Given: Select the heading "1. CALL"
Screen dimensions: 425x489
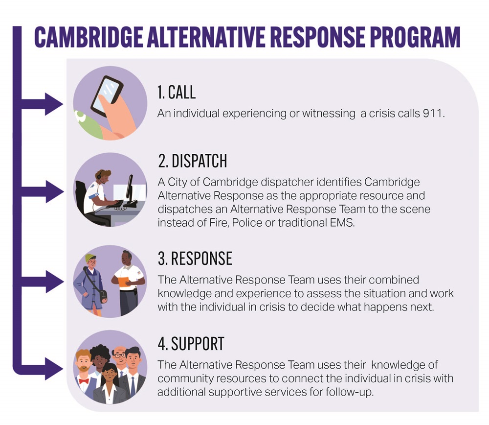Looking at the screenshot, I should pyautogui.click(x=176, y=93).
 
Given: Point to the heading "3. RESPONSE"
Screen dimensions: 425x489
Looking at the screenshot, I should pyautogui.click(x=195, y=259).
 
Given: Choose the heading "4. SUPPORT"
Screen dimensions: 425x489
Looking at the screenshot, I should pyautogui.click(x=191, y=344).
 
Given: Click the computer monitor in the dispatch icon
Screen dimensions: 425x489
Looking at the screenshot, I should pyautogui.click(x=130, y=189).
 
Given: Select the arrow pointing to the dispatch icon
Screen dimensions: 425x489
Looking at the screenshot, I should pyautogui.click(x=52, y=190).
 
